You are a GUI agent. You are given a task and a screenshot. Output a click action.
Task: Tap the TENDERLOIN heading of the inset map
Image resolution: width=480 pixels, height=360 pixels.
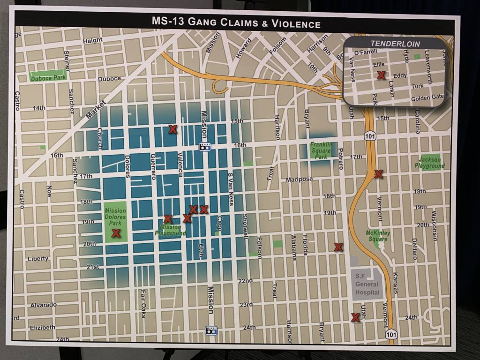(395, 44)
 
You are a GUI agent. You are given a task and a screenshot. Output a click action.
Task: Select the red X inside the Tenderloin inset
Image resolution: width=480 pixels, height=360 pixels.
(381, 75)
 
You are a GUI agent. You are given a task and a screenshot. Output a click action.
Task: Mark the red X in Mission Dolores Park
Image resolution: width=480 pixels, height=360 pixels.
(115, 233)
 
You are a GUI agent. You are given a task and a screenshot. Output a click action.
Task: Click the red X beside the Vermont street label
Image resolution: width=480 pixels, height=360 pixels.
(378, 174)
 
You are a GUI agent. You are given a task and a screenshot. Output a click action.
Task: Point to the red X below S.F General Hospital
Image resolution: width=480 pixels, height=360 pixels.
(355, 317)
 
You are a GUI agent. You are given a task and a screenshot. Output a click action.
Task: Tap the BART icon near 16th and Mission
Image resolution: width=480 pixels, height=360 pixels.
(205, 147)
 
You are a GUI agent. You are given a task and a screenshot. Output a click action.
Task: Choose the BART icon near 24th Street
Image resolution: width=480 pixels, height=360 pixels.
(211, 330)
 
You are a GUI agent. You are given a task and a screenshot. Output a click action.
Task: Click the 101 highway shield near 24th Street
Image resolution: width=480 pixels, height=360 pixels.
(391, 334)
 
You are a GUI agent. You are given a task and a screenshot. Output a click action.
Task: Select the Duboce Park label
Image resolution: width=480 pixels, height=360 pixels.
(48, 78)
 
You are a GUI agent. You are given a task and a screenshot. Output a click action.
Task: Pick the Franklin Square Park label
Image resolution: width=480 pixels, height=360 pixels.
(321, 150)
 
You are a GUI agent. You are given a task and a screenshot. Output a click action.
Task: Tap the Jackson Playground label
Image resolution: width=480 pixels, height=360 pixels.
(430, 163)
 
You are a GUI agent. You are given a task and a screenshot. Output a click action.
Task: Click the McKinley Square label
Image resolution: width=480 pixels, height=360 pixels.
(378, 236)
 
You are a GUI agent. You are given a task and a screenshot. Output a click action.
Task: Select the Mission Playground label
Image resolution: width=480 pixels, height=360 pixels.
(170, 230)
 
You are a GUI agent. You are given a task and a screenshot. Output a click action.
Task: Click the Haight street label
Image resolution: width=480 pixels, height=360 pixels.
(92, 41)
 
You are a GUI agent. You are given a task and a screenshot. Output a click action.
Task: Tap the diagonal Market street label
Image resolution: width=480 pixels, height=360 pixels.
(97, 109)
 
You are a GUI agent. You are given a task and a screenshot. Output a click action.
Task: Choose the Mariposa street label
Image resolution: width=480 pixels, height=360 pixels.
(300, 179)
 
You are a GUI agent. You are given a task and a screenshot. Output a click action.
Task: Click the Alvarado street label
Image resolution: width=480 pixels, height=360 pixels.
(43, 305)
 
